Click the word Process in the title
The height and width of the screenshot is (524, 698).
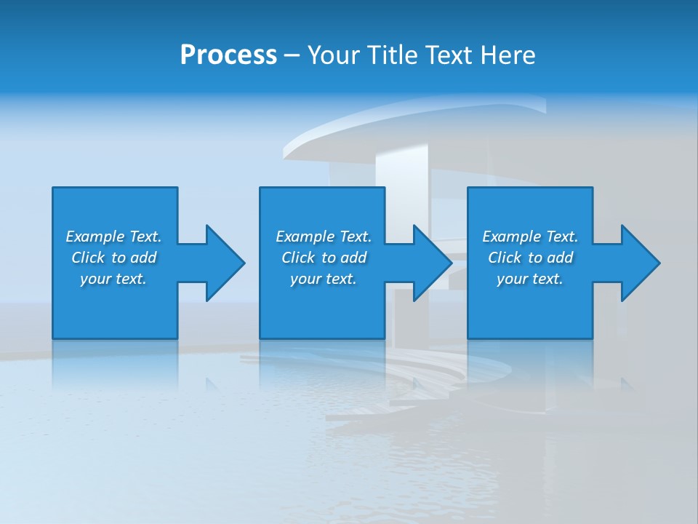(228, 55)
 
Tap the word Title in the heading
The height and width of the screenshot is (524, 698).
(390, 55)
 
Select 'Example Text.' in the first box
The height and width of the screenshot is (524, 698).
(113, 237)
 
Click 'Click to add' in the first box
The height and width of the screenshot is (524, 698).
(113, 258)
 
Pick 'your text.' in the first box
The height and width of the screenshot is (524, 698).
(113, 279)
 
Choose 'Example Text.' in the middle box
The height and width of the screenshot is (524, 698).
(324, 237)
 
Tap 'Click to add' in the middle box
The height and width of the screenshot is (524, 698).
(324, 258)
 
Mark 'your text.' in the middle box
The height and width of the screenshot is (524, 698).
(324, 279)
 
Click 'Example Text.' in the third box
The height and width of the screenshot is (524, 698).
(530, 237)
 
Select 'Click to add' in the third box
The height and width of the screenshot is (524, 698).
(530, 258)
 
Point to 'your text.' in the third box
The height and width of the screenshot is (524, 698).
(530, 279)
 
